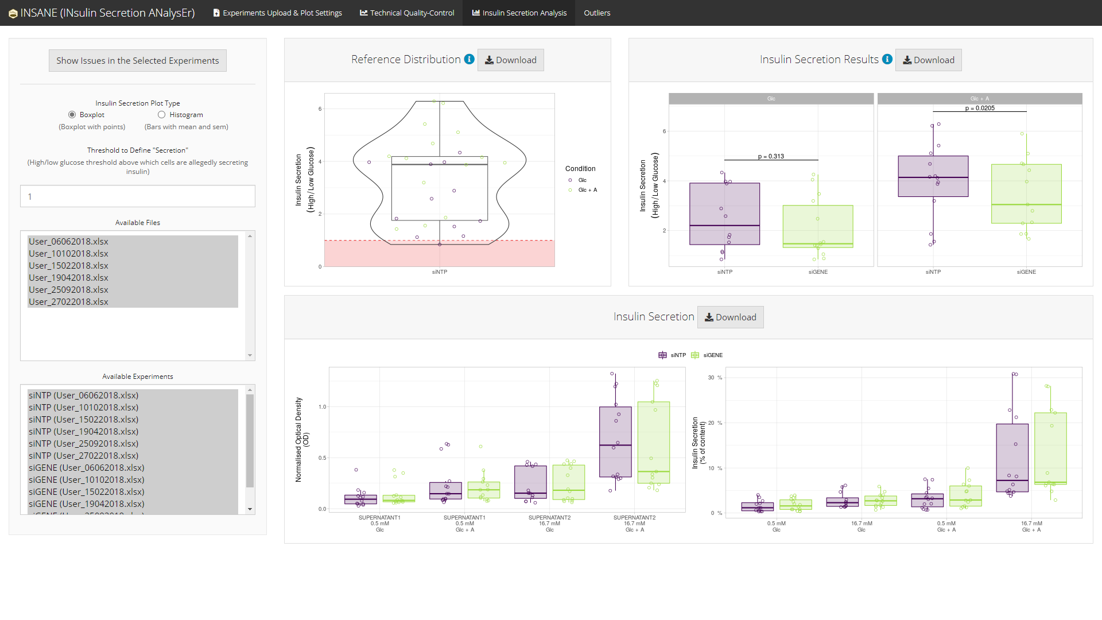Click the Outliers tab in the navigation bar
[x=597, y=13]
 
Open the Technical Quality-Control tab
[x=407, y=13]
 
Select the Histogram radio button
[x=162, y=115]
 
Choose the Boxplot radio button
[x=72, y=115]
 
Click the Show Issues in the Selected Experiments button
[x=138, y=61]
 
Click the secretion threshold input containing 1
[x=138, y=196]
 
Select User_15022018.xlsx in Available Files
[x=69, y=266]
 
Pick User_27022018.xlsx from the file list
[x=69, y=302]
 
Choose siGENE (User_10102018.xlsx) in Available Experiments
[x=87, y=480]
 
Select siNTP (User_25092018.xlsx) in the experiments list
[x=84, y=444]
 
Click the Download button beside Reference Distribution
[x=511, y=60]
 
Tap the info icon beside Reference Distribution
[x=469, y=59]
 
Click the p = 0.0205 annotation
[x=980, y=108]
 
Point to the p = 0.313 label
[x=771, y=156]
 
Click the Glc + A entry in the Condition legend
[x=587, y=190]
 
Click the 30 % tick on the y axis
[x=715, y=378]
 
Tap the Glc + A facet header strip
[x=980, y=99]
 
